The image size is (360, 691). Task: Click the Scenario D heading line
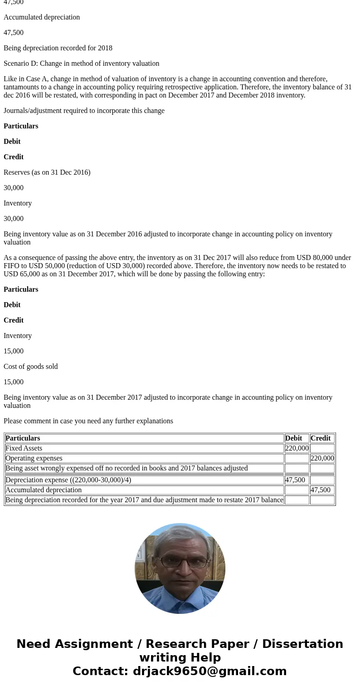click(x=81, y=64)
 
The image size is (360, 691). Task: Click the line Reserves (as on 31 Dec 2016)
click(x=47, y=172)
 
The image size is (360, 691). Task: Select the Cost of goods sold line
click(x=30, y=367)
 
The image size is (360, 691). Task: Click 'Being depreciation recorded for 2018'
click(x=58, y=48)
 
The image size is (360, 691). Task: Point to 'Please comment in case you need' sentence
click(x=88, y=421)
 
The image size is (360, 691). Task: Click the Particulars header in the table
click(x=23, y=438)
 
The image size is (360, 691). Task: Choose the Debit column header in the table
click(x=293, y=438)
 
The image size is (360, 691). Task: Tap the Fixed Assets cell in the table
click(x=24, y=448)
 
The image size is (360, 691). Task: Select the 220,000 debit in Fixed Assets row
click(x=297, y=448)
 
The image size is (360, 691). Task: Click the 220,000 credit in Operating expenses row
click(x=322, y=458)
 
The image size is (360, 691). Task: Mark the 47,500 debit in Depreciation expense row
click(x=295, y=480)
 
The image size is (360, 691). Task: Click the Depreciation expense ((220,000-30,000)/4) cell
click(x=68, y=480)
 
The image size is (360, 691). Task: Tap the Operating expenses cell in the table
click(x=34, y=458)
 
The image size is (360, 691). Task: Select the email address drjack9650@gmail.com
click(x=209, y=671)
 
